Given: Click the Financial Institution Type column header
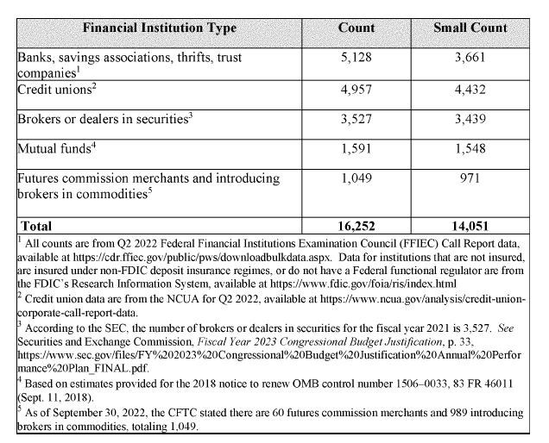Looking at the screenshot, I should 160,28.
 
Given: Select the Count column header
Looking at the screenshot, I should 356,28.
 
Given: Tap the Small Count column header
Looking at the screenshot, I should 470,28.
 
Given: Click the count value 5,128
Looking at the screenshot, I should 356,59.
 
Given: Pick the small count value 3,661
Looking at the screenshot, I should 470,59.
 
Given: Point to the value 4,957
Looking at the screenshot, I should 356,87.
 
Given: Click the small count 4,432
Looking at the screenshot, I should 470,87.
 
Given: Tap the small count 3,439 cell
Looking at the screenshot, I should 470,118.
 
